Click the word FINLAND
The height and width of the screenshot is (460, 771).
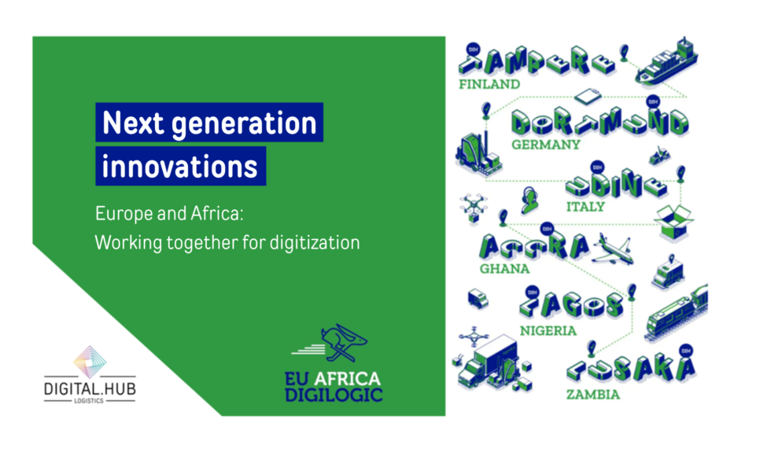491,84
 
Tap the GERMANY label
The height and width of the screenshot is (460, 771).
545,145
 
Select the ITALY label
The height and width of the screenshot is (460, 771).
585,207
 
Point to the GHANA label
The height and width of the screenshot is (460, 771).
504,269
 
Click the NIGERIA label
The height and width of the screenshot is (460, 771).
548,330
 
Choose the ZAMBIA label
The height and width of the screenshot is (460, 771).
592,394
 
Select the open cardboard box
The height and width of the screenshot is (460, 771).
674,219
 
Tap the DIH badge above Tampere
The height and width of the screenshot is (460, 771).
473,46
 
